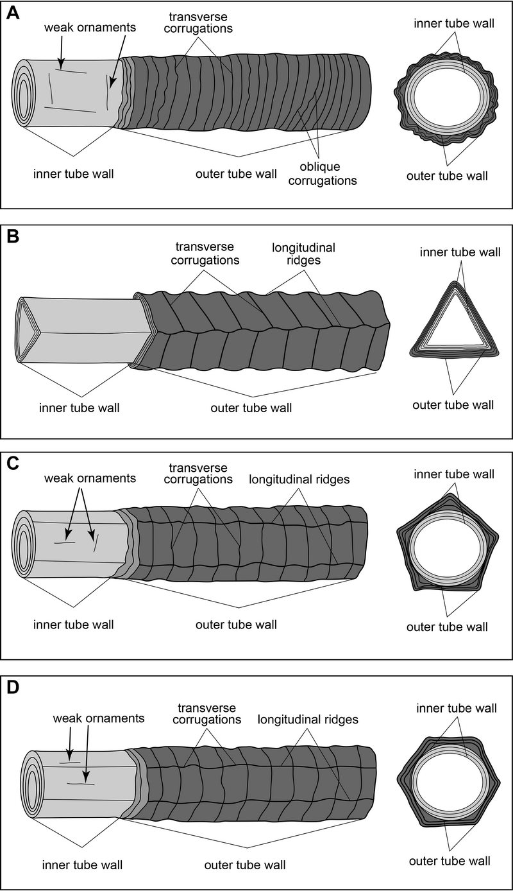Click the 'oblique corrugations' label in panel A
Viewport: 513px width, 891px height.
coord(329,175)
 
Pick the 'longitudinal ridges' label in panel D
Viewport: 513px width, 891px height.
coord(308,720)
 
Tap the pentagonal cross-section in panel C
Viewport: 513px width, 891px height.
coord(446,546)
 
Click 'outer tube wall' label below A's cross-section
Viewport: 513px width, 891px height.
coord(447,175)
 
